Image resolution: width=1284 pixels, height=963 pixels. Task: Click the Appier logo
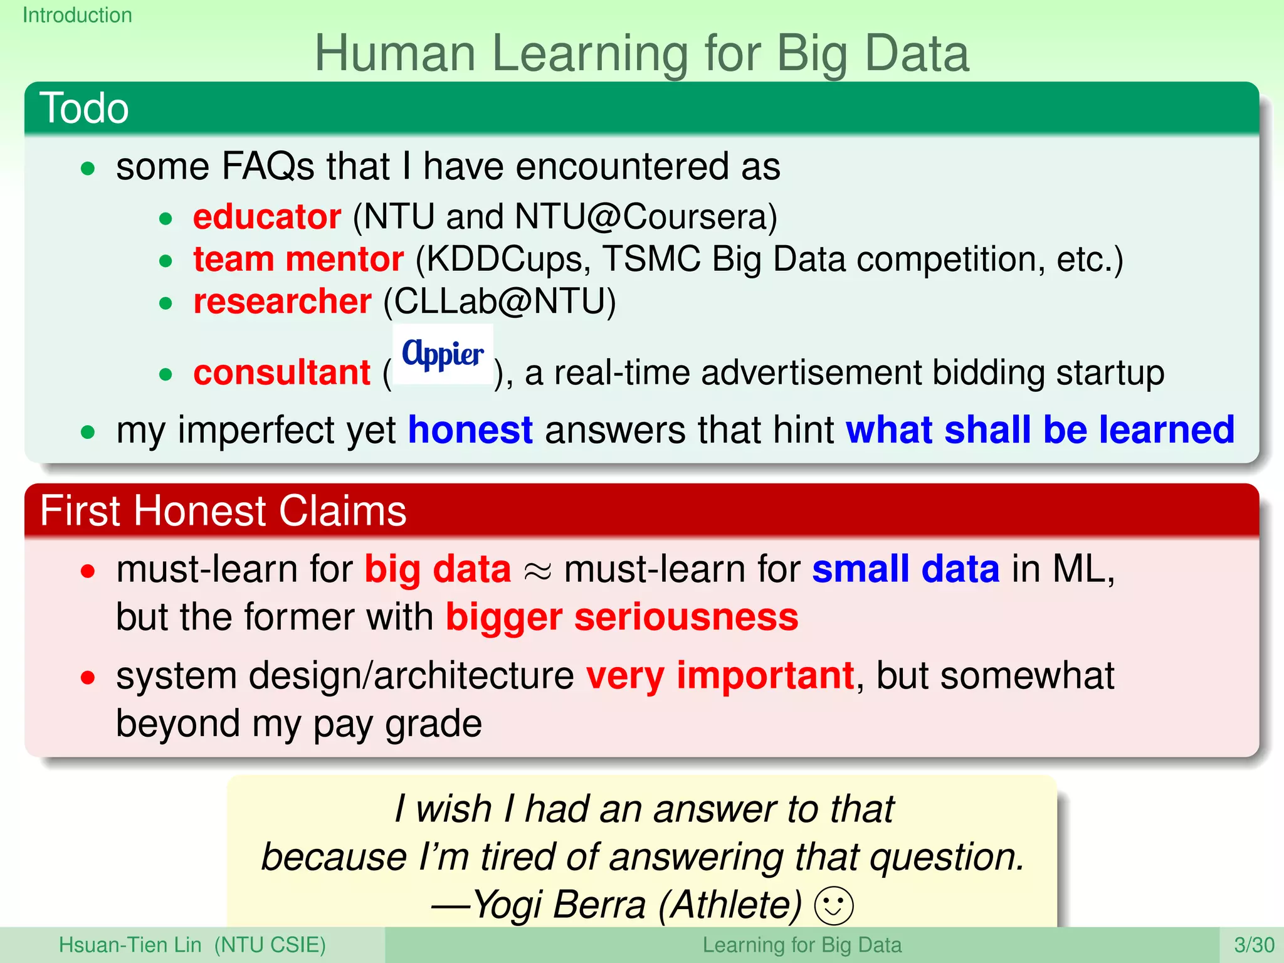(443, 354)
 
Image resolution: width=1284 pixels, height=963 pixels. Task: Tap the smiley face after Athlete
(833, 906)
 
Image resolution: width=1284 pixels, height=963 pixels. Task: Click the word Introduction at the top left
(77, 15)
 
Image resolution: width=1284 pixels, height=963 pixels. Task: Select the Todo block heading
(84, 108)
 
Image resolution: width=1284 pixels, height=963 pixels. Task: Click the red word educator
(267, 217)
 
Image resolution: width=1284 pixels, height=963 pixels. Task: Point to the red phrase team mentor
(298, 259)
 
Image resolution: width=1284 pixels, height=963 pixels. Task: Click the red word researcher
(282, 302)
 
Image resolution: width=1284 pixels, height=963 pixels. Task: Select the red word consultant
(282, 373)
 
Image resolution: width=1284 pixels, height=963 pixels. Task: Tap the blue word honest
(470, 430)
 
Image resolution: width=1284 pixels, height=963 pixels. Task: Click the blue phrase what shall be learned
(1039, 430)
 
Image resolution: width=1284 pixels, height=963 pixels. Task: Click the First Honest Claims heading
(223, 511)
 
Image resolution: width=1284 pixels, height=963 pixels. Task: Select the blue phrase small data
(905, 569)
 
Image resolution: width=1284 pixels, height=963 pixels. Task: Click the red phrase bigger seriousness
(622, 618)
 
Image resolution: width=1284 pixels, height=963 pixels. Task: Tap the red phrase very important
(720, 676)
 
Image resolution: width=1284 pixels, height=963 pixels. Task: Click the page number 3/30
(1254, 945)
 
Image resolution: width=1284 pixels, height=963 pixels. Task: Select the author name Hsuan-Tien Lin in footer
(130, 945)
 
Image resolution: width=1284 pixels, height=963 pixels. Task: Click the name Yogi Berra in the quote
(559, 905)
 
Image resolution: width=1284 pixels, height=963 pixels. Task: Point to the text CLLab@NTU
(499, 302)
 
